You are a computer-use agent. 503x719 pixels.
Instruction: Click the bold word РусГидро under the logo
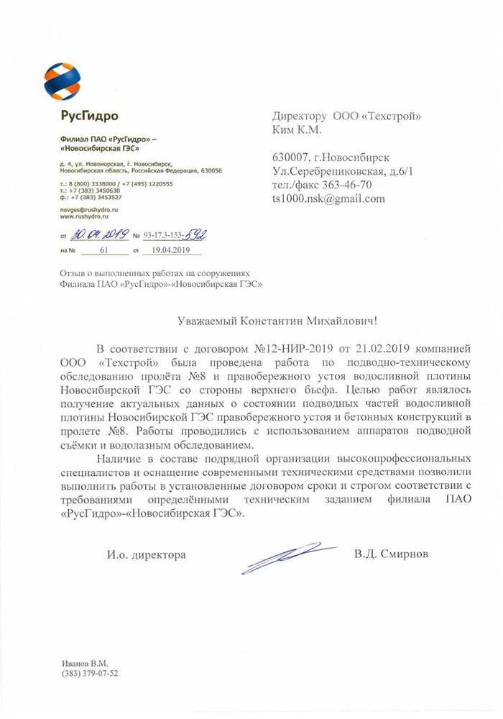pos(89,116)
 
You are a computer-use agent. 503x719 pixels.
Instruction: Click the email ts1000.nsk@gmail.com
pos(328,198)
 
